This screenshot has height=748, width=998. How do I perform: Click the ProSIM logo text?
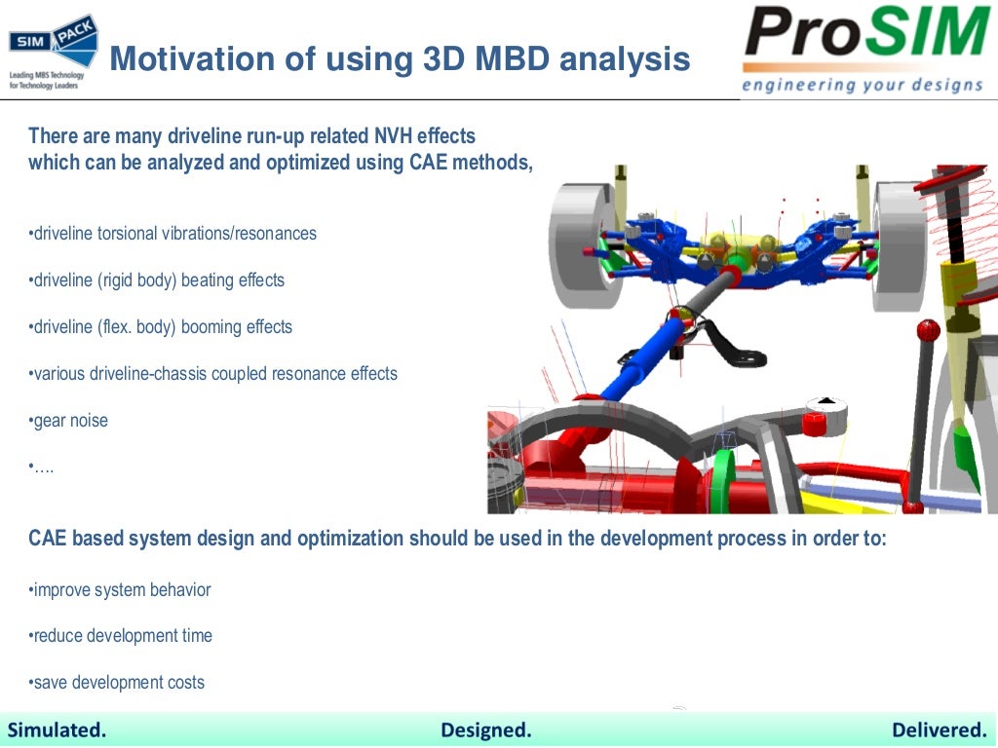point(865,36)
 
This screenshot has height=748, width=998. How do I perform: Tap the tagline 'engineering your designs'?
point(862,85)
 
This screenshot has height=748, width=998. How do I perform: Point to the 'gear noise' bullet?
point(69,421)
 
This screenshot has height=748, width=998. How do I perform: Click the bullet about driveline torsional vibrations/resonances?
point(173,234)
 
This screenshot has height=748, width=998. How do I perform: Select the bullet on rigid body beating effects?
point(158,280)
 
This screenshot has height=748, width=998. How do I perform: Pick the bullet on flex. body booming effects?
point(162,327)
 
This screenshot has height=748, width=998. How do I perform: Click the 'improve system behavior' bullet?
point(121,590)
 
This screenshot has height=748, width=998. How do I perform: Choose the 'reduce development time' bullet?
point(122,636)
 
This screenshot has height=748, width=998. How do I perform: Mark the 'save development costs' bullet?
point(118,683)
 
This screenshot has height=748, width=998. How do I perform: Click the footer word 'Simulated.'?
point(58,730)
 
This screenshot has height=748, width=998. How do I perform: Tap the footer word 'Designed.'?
point(486,730)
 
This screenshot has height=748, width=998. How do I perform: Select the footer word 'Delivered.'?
point(939,730)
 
